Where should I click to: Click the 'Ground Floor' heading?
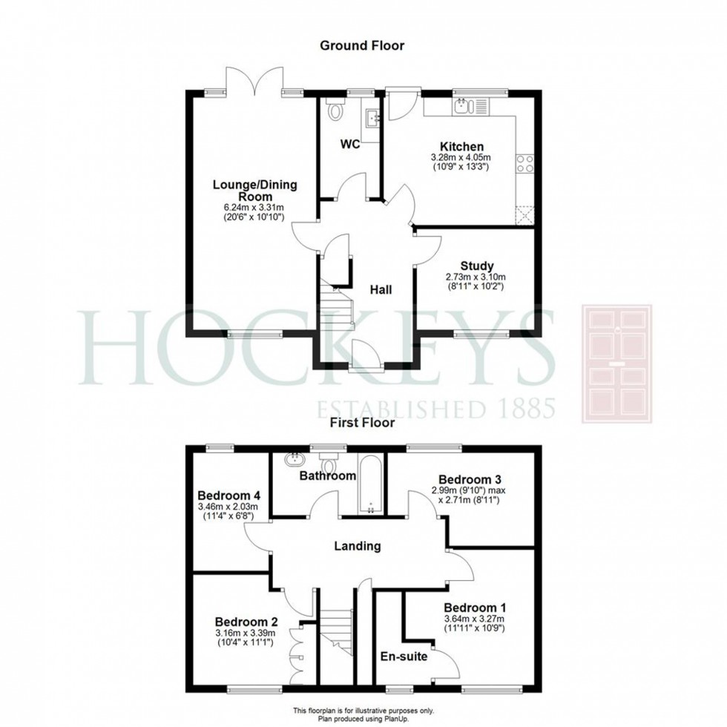pyautogui.click(x=362, y=45)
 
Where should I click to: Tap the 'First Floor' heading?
pyautogui.click(x=362, y=422)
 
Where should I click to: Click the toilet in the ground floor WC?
pyautogui.click(x=335, y=109)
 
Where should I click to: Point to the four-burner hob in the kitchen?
pyautogui.click(x=525, y=163)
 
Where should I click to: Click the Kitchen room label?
pyautogui.click(x=461, y=147)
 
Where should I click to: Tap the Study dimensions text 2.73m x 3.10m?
pyautogui.click(x=476, y=277)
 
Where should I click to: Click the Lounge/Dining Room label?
pyautogui.click(x=254, y=191)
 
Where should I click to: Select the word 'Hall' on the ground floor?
pyautogui.click(x=381, y=290)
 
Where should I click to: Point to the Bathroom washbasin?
pyautogui.click(x=294, y=459)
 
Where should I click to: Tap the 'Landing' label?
pyautogui.click(x=358, y=546)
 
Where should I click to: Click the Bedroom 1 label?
pyautogui.click(x=475, y=608)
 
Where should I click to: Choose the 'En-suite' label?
pyautogui.click(x=404, y=657)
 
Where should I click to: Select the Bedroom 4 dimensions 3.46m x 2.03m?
pyautogui.click(x=228, y=507)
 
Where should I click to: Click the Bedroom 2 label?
pyautogui.click(x=246, y=622)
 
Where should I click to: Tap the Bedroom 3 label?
pyautogui.click(x=470, y=479)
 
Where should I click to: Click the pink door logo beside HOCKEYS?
pyautogui.click(x=616, y=364)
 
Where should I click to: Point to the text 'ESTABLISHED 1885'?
pyautogui.click(x=435, y=409)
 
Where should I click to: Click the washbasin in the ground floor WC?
pyautogui.click(x=372, y=118)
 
